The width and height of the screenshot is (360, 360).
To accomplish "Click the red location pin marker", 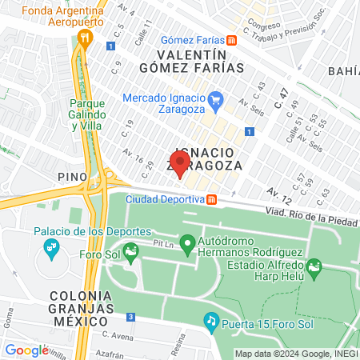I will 179,164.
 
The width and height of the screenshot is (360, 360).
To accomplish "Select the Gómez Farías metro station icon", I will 231,40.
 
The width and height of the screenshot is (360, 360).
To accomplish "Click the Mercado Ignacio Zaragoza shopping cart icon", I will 215,99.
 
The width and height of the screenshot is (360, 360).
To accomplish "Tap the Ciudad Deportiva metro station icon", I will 212,200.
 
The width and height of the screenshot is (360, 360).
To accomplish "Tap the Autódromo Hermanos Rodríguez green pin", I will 189,242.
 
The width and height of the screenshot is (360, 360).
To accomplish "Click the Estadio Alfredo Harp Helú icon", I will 314,265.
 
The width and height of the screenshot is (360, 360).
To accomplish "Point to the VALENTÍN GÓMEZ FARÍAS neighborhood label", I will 199,61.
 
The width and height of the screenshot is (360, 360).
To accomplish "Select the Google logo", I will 26,350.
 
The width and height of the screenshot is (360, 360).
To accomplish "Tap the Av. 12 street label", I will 279,193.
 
